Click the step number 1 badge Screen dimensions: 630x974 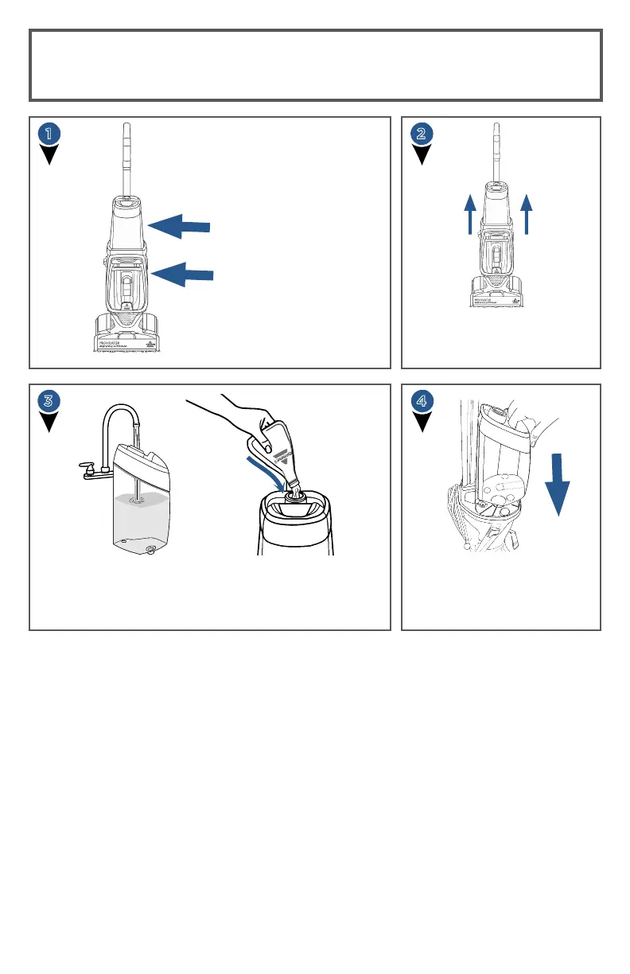[50, 134]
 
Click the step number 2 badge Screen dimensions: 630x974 [422, 134]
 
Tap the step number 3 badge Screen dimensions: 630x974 [50, 401]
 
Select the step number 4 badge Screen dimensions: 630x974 [422, 401]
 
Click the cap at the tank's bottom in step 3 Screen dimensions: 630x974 [150, 550]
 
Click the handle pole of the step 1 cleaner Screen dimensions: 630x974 [126, 159]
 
